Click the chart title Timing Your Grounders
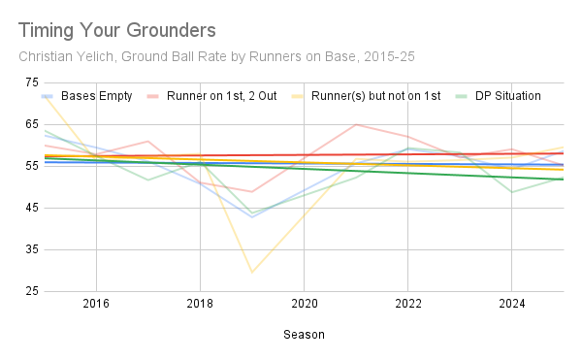116,30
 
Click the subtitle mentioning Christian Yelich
216,56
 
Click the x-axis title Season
304,334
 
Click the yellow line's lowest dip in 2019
252,273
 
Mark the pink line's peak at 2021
356,124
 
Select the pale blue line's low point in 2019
252,216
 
